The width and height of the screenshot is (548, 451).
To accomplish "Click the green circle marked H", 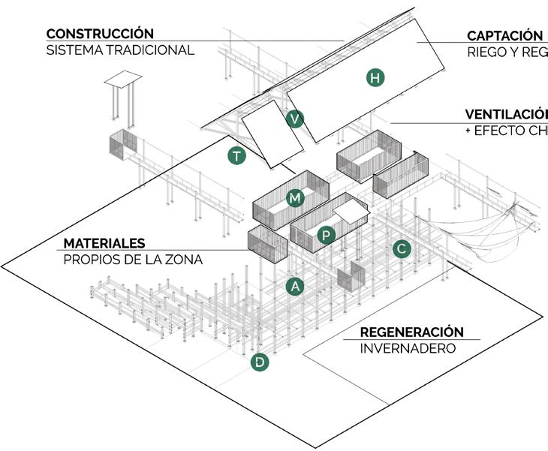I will click(x=375, y=77).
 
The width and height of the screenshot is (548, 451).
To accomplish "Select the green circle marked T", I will click(x=237, y=156).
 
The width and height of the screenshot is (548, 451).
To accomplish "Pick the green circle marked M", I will click(x=295, y=198).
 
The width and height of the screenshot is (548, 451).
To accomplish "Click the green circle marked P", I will click(x=325, y=235).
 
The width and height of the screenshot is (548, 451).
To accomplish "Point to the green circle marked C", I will click(x=402, y=248).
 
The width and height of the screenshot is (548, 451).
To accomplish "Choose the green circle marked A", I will click(x=296, y=286).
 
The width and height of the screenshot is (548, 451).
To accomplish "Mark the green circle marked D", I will click(x=260, y=362).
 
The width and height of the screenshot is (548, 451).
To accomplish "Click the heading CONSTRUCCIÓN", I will click(x=100, y=34).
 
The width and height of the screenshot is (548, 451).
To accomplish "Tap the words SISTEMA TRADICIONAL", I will click(x=120, y=50).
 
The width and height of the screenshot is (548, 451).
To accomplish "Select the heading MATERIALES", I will click(x=104, y=244).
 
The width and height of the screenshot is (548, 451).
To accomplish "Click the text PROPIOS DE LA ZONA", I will click(x=133, y=260).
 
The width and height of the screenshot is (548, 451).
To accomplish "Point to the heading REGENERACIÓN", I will click(x=411, y=332).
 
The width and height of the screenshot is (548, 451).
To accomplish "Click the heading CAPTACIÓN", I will click(x=504, y=35).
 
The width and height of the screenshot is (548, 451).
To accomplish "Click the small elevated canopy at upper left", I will click(x=122, y=80).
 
